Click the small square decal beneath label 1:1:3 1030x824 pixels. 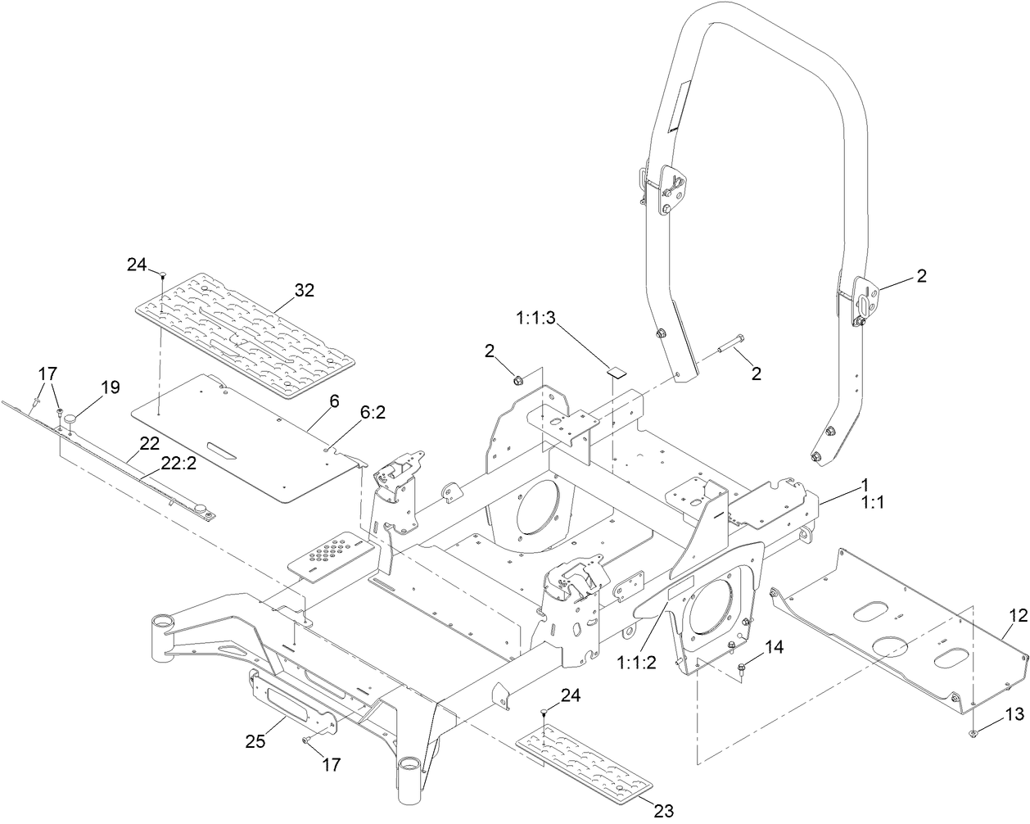(615, 370)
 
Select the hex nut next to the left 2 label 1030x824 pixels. (517, 378)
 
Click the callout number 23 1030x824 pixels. (664, 811)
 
